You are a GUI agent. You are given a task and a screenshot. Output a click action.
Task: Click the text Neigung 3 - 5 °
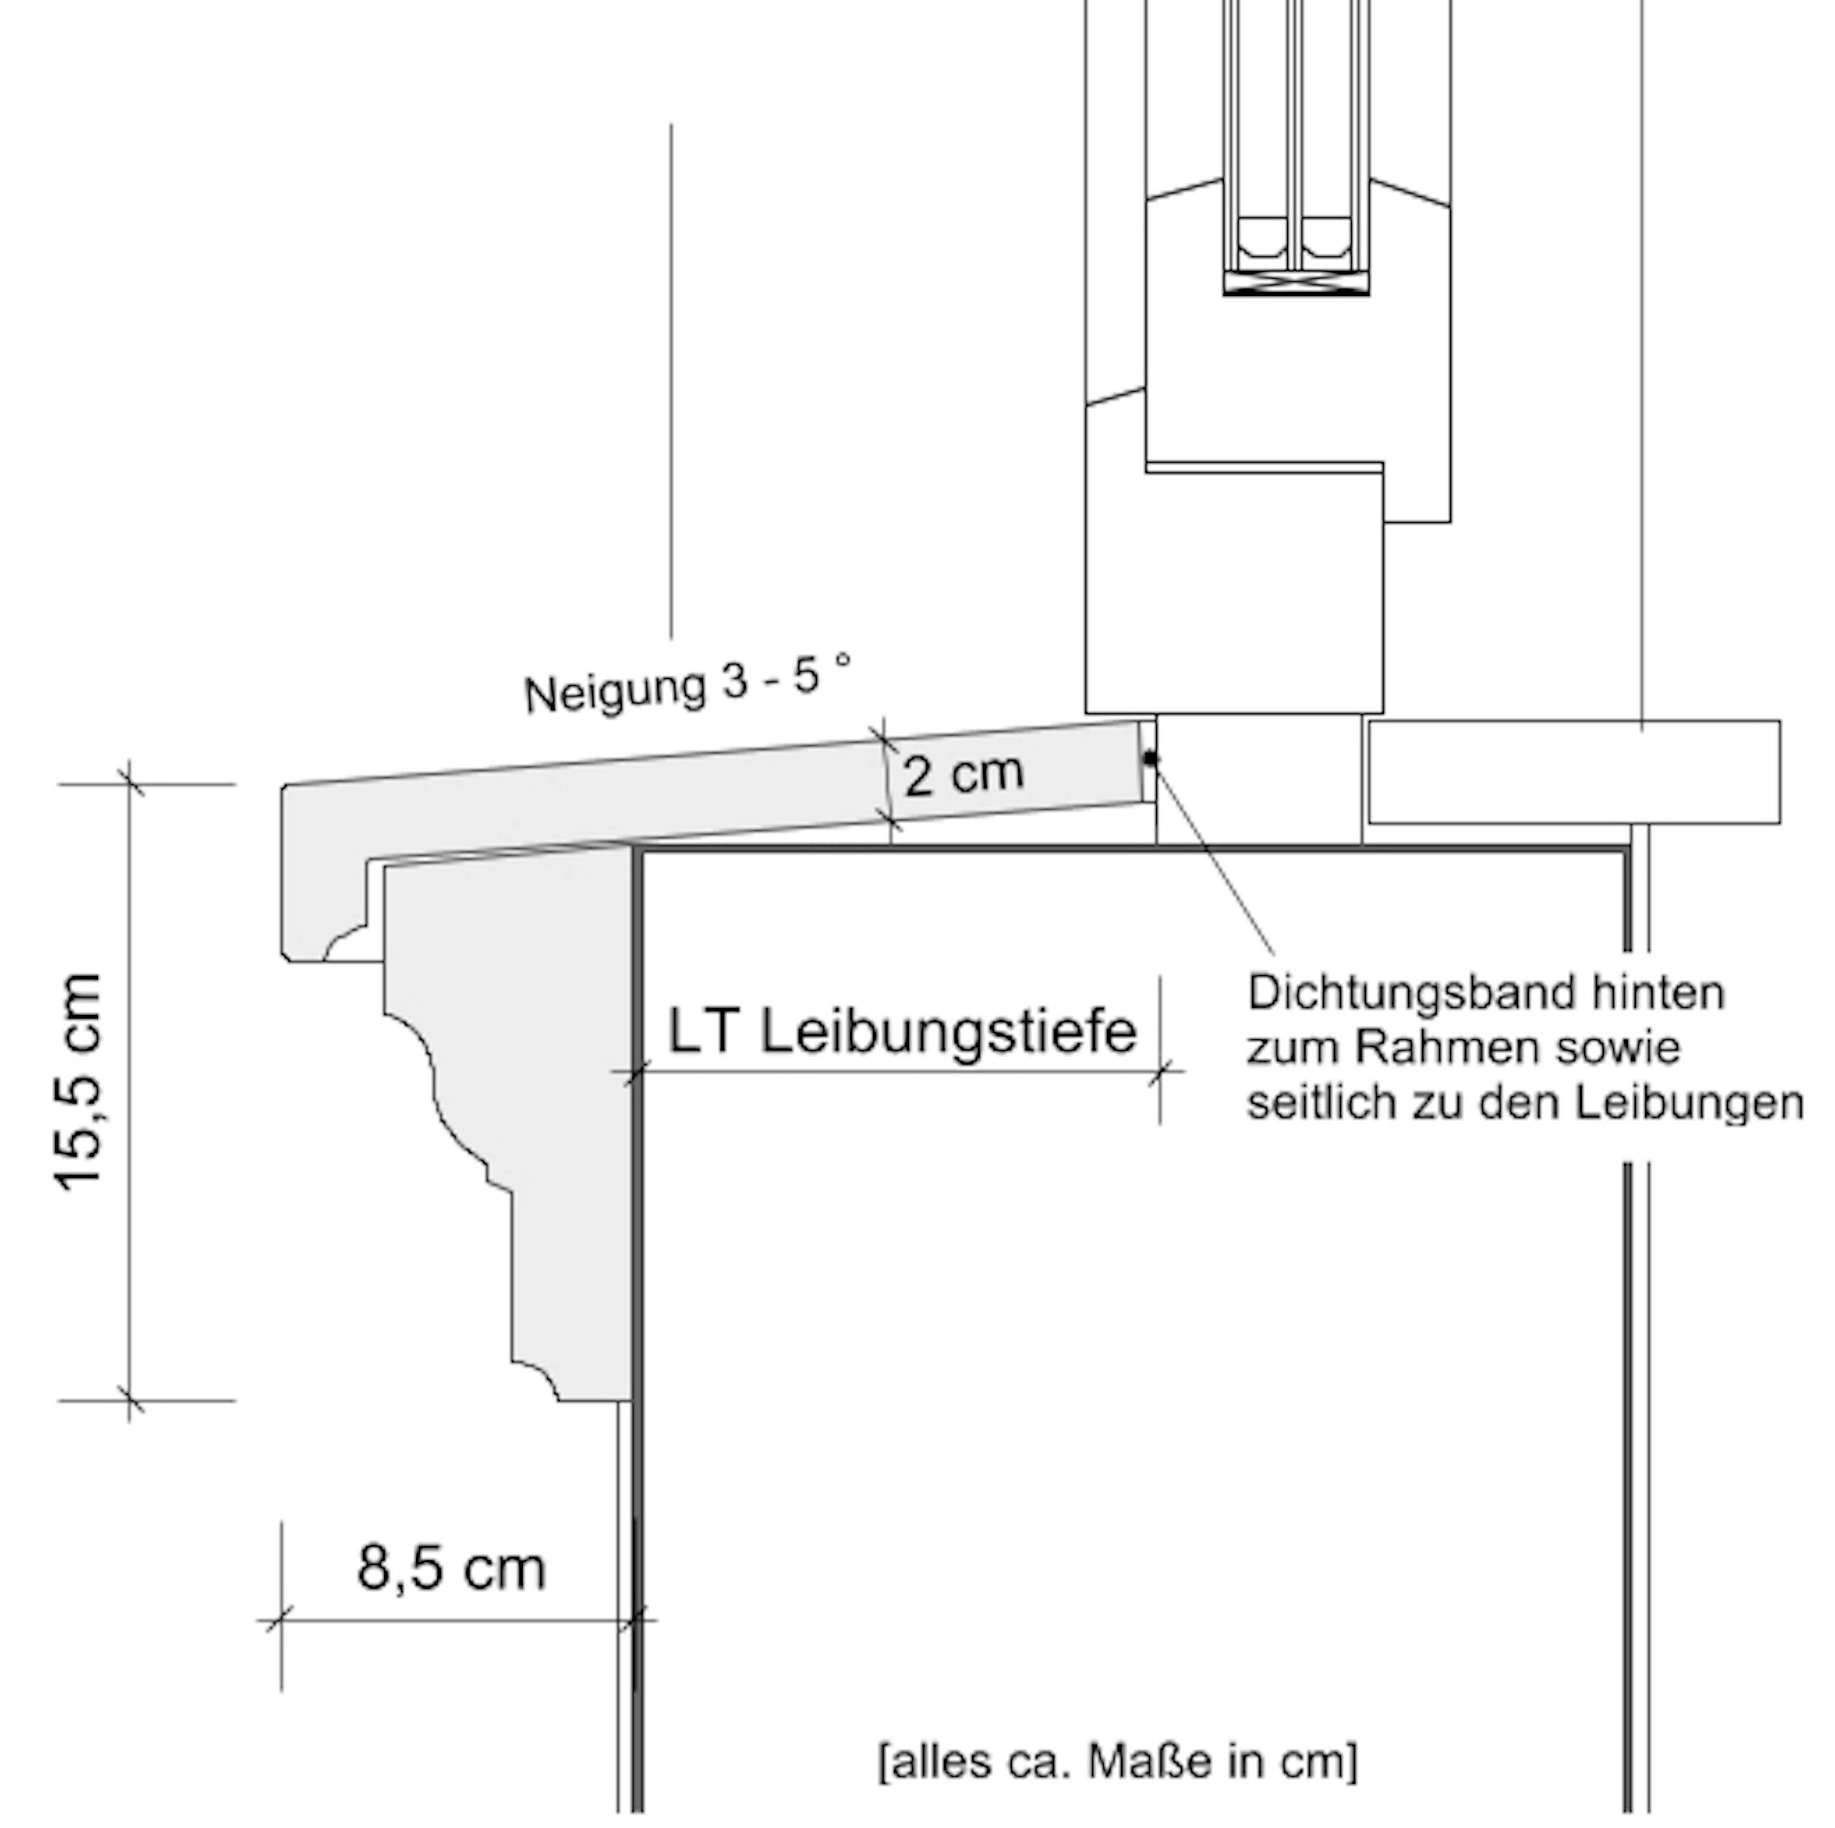[687, 684]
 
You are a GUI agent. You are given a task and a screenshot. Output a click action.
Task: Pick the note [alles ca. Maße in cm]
[1118, 1761]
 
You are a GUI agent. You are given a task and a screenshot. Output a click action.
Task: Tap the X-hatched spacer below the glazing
[1296, 282]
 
